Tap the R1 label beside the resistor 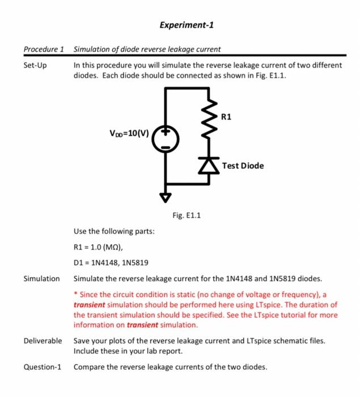(226, 117)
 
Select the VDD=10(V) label (129, 134)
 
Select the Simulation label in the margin (41, 278)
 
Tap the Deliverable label (43, 340)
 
